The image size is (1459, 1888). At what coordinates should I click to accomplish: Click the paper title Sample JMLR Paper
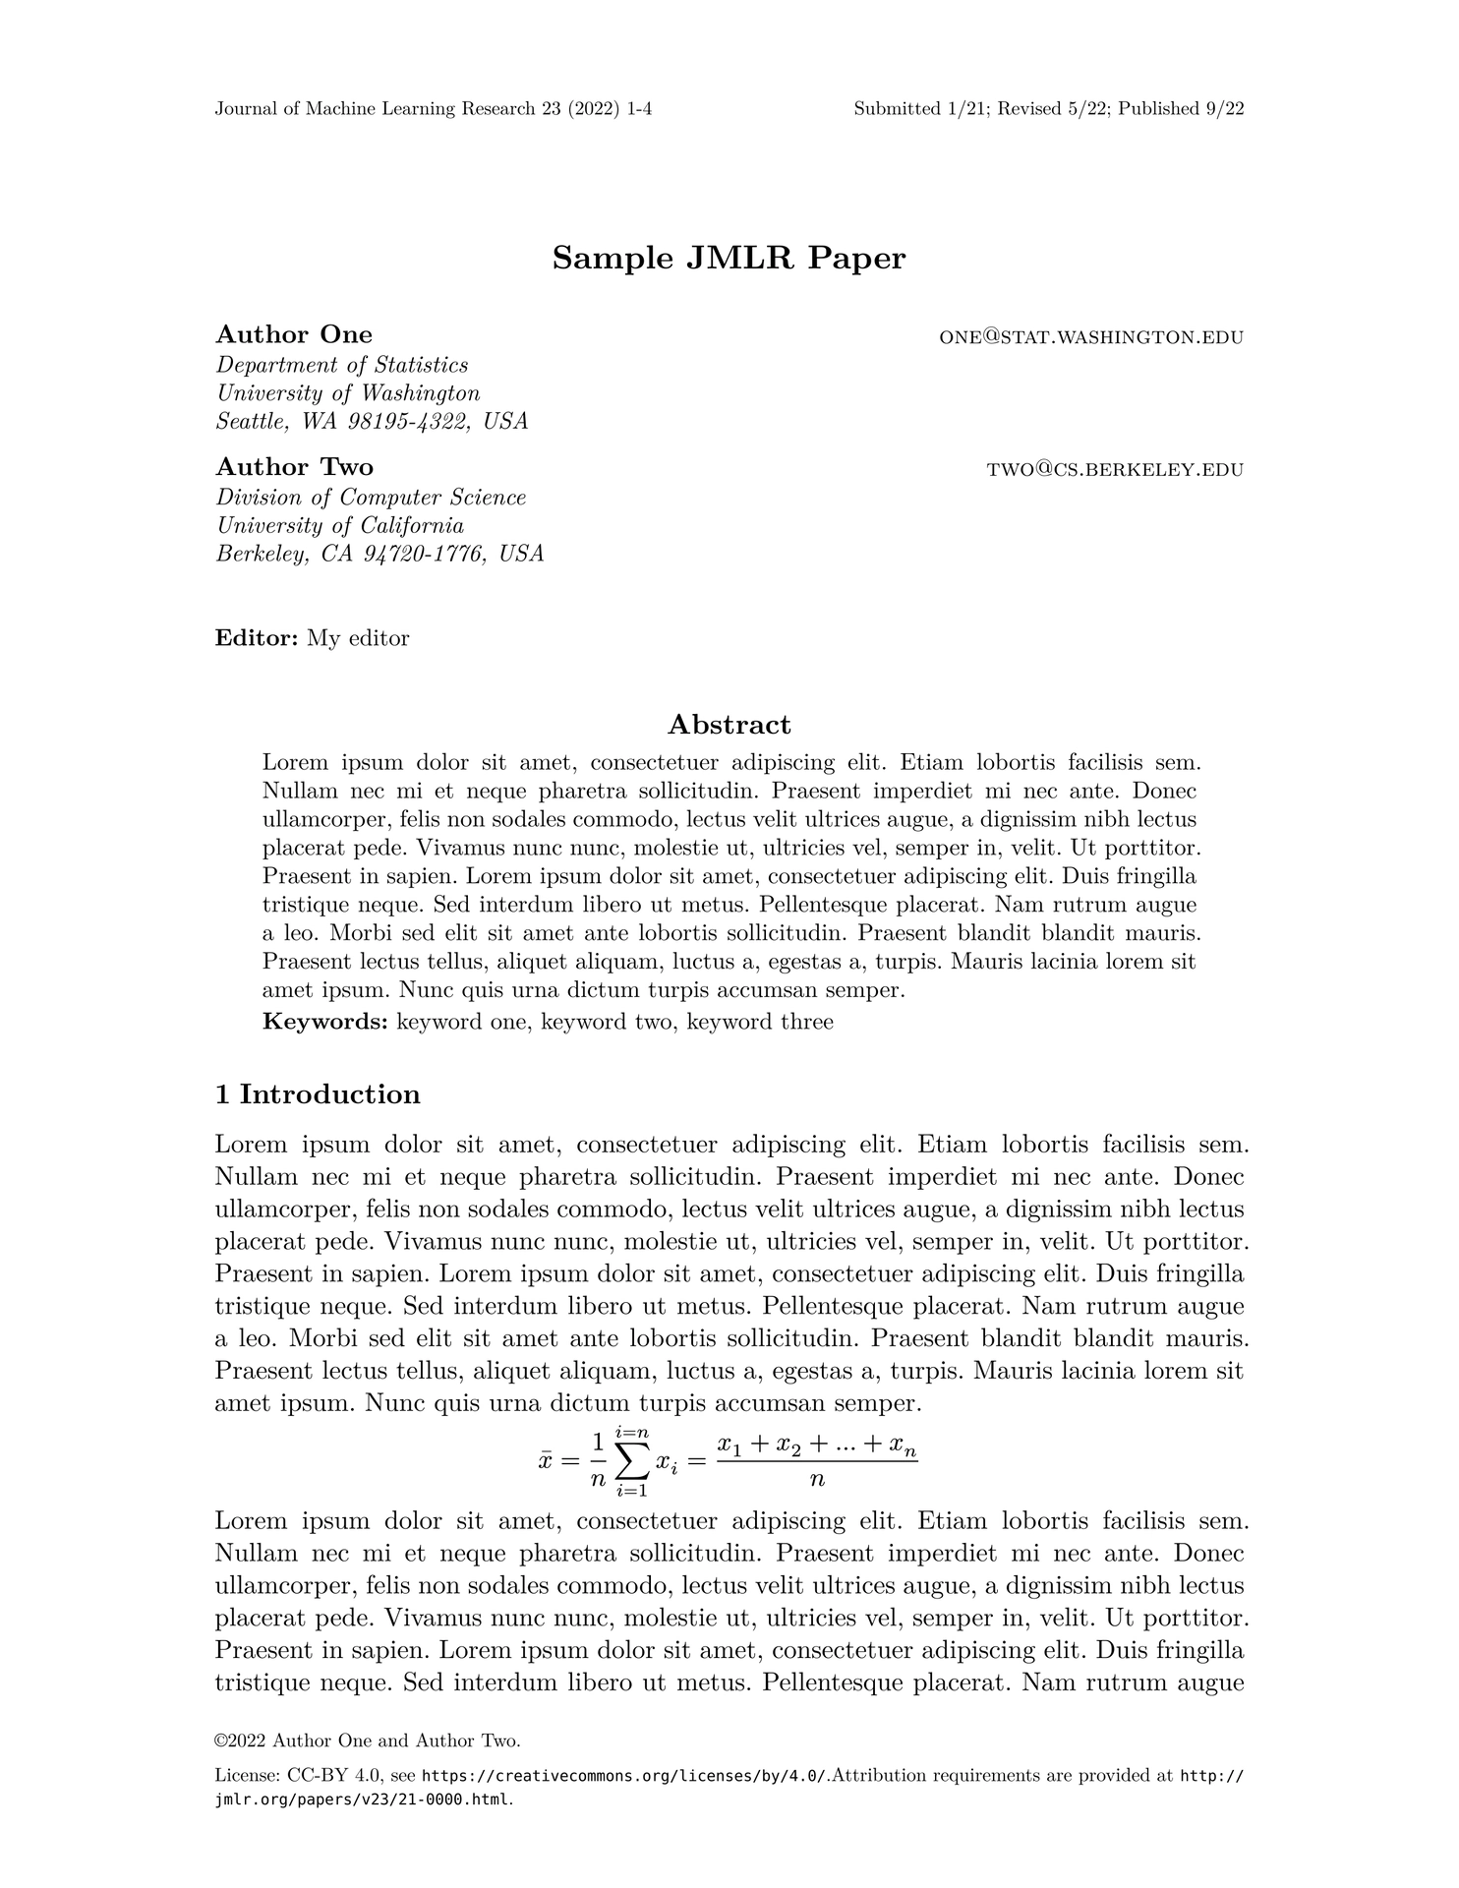click(x=729, y=259)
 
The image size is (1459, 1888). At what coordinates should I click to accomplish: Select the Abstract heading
click(x=729, y=725)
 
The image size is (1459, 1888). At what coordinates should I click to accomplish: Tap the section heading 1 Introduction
click(x=318, y=1094)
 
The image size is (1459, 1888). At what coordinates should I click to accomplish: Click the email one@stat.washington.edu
click(x=1091, y=337)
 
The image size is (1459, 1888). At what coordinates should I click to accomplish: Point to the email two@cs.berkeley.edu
click(x=1115, y=470)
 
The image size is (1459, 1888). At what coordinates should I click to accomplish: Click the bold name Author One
click(x=294, y=334)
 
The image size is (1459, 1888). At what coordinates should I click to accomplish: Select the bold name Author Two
click(x=295, y=466)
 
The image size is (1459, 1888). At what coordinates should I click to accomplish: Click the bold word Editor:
click(x=257, y=638)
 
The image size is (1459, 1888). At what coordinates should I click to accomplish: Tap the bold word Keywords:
click(x=325, y=1022)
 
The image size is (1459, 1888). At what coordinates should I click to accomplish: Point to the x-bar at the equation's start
click(x=547, y=1461)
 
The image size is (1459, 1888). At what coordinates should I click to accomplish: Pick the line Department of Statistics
click(x=342, y=365)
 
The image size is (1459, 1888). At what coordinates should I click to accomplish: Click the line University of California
click(x=340, y=525)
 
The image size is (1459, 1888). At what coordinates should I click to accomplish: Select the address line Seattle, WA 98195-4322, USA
click(x=372, y=422)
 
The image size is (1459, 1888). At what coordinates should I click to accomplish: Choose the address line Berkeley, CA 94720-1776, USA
click(x=379, y=554)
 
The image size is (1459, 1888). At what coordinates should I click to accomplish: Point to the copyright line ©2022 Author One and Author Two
click(x=368, y=1740)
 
